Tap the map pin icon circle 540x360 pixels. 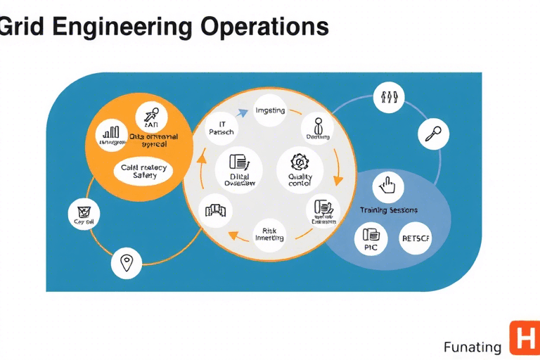[127, 264]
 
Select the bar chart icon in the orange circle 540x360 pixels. [111, 132]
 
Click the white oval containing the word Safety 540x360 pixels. [143, 172]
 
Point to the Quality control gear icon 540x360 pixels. [300, 163]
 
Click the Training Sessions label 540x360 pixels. [388, 210]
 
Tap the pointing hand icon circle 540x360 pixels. [387, 186]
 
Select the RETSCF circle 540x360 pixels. [416, 237]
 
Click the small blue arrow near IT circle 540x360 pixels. [243, 112]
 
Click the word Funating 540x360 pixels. [472, 347]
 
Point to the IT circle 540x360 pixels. [221, 128]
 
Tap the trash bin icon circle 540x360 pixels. [83, 213]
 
